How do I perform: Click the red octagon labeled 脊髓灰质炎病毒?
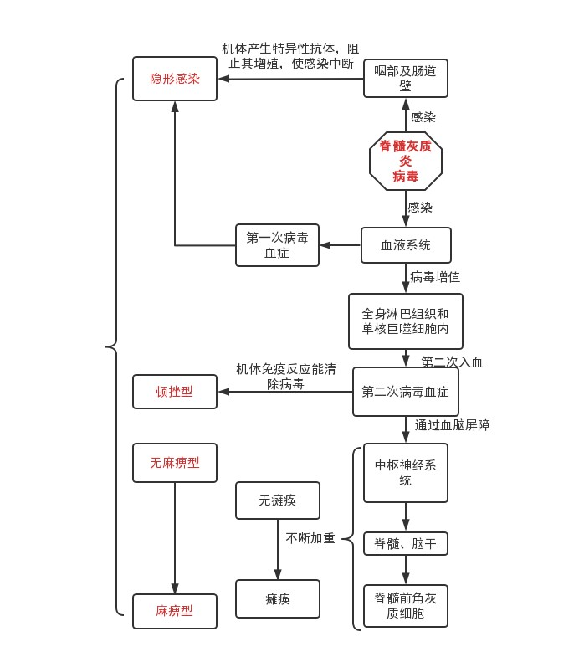pyautogui.click(x=406, y=161)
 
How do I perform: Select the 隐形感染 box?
pyautogui.click(x=175, y=79)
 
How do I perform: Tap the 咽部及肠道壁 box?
pyautogui.click(x=406, y=79)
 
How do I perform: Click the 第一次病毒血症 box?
pyautogui.click(x=277, y=245)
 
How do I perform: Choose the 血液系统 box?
pyautogui.click(x=406, y=245)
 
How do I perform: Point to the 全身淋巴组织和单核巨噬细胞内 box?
pyautogui.click(x=406, y=321)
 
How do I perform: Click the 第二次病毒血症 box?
pyautogui.click(x=406, y=392)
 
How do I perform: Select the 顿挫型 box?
pyautogui.click(x=175, y=392)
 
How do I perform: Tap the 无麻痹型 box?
pyautogui.click(x=175, y=463)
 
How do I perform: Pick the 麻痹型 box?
pyautogui.click(x=175, y=611)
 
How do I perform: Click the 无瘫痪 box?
pyautogui.click(x=278, y=500)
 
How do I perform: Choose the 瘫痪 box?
pyautogui.click(x=278, y=599)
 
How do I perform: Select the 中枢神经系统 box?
pyautogui.click(x=406, y=473)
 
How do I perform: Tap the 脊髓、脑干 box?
pyautogui.click(x=406, y=544)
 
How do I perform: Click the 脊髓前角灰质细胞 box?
pyautogui.click(x=406, y=606)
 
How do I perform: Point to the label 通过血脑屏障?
pyautogui.click(x=453, y=425)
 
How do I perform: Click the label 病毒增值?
pyautogui.click(x=435, y=277)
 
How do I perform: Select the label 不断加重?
pyautogui.click(x=310, y=538)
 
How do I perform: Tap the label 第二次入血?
pyautogui.click(x=452, y=362)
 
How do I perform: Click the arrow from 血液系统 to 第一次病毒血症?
pyautogui.click(x=340, y=245)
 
